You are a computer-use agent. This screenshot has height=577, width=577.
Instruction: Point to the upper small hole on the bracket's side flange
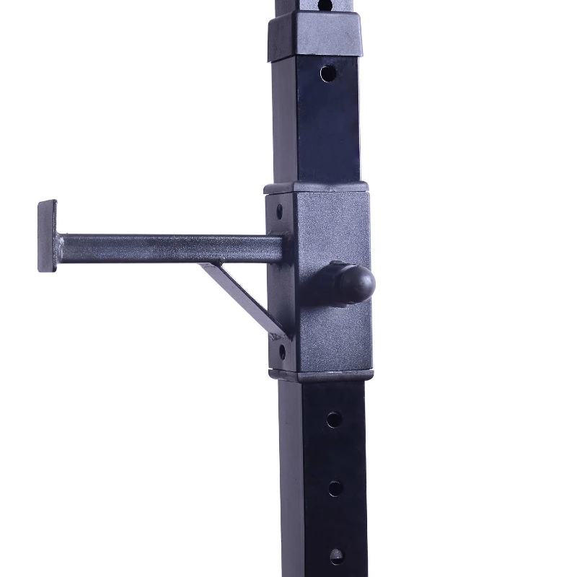(280, 211)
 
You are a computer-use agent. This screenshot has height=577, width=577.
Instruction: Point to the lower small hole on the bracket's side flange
(281, 352)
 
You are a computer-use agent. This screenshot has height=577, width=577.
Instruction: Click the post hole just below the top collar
(328, 74)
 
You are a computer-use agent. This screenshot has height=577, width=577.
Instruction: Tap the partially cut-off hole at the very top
(325, 4)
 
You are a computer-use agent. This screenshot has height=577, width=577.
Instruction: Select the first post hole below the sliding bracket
(333, 419)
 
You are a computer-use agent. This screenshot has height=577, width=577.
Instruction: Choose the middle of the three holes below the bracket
(335, 488)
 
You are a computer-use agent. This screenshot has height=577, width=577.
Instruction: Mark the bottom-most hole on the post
(336, 555)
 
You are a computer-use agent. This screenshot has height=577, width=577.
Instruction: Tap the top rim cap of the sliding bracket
(317, 188)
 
